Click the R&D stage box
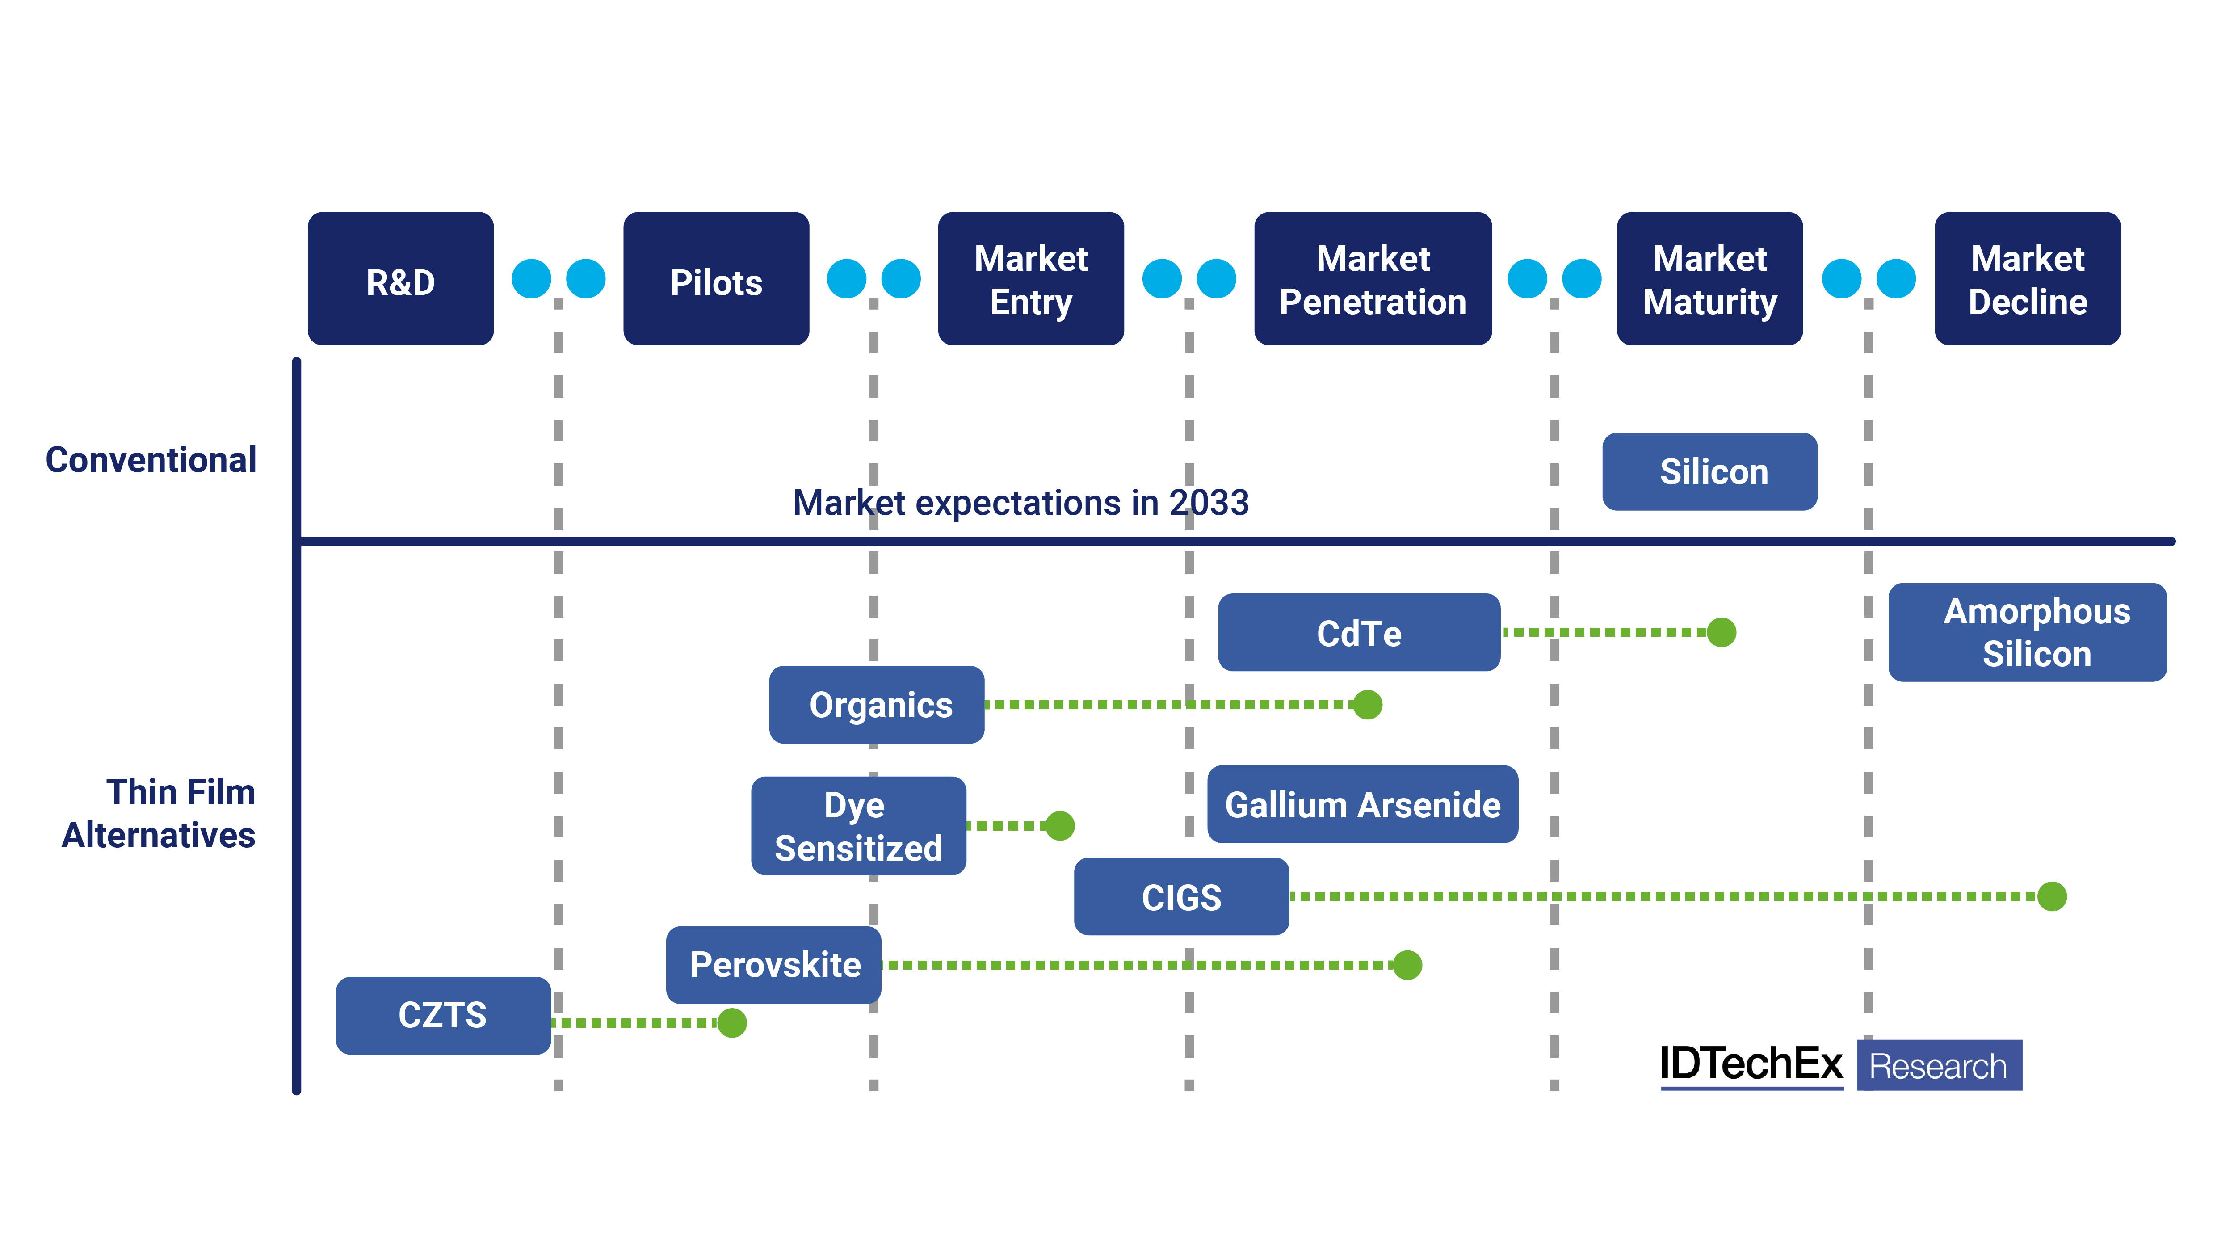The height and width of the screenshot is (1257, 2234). (x=401, y=279)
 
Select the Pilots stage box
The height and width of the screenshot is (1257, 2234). (x=716, y=279)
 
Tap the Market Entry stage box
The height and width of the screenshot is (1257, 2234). (x=1031, y=279)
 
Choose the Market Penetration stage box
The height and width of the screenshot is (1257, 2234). (x=1373, y=279)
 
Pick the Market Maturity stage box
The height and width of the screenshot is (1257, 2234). (x=1709, y=279)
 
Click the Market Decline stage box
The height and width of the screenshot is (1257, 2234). (x=2028, y=279)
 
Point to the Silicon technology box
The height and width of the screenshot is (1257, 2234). (x=1709, y=472)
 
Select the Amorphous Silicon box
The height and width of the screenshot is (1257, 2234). (x=2028, y=632)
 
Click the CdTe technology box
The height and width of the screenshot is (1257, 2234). (x=1359, y=632)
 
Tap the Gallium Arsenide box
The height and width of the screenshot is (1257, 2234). (x=1362, y=804)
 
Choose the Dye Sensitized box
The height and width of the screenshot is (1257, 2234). (x=859, y=826)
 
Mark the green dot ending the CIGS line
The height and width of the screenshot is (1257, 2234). (x=2052, y=896)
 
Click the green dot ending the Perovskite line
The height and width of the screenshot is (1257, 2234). (x=1407, y=965)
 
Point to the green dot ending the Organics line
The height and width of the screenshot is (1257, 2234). (x=1368, y=704)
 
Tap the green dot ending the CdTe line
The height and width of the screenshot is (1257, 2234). (x=1722, y=632)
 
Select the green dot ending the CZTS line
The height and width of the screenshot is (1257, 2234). (x=732, y=1023)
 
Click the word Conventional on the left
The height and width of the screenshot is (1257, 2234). (x=151, y=460)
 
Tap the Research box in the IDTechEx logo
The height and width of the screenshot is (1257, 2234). (x=1939, y=1065)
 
